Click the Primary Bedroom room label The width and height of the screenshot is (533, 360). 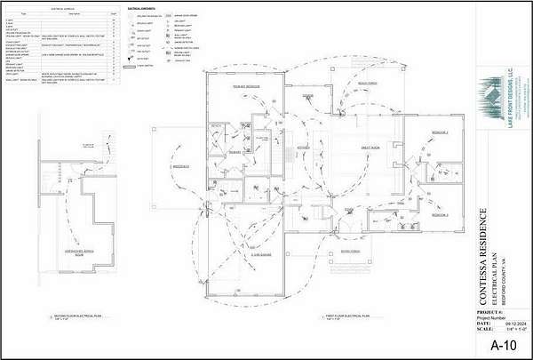pos(244,86)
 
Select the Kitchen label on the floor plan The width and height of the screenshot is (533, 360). pos(302,147)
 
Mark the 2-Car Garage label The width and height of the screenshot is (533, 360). pos(257,256)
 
